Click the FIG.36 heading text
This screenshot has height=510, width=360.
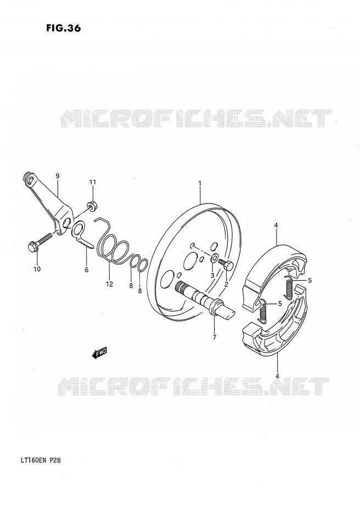click(64, 29)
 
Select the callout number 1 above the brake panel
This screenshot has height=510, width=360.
click(200, 184)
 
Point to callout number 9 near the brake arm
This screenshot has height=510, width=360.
click(58, 176)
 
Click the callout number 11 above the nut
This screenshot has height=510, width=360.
click(93, 182)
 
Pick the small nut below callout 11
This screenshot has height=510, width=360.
click(92, 206)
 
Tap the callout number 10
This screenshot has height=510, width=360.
click(37, 269)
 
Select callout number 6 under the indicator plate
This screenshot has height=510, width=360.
click(87, 270)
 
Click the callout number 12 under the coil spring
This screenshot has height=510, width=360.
click(109, 284)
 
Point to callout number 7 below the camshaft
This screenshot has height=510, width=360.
click(214, 337)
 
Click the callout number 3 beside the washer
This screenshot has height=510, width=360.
click(212, 275)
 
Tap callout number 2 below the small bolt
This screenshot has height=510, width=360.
click(226, 284)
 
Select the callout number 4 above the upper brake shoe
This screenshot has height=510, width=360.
click(275, 225)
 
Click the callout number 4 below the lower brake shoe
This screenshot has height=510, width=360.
click(277, 376)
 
